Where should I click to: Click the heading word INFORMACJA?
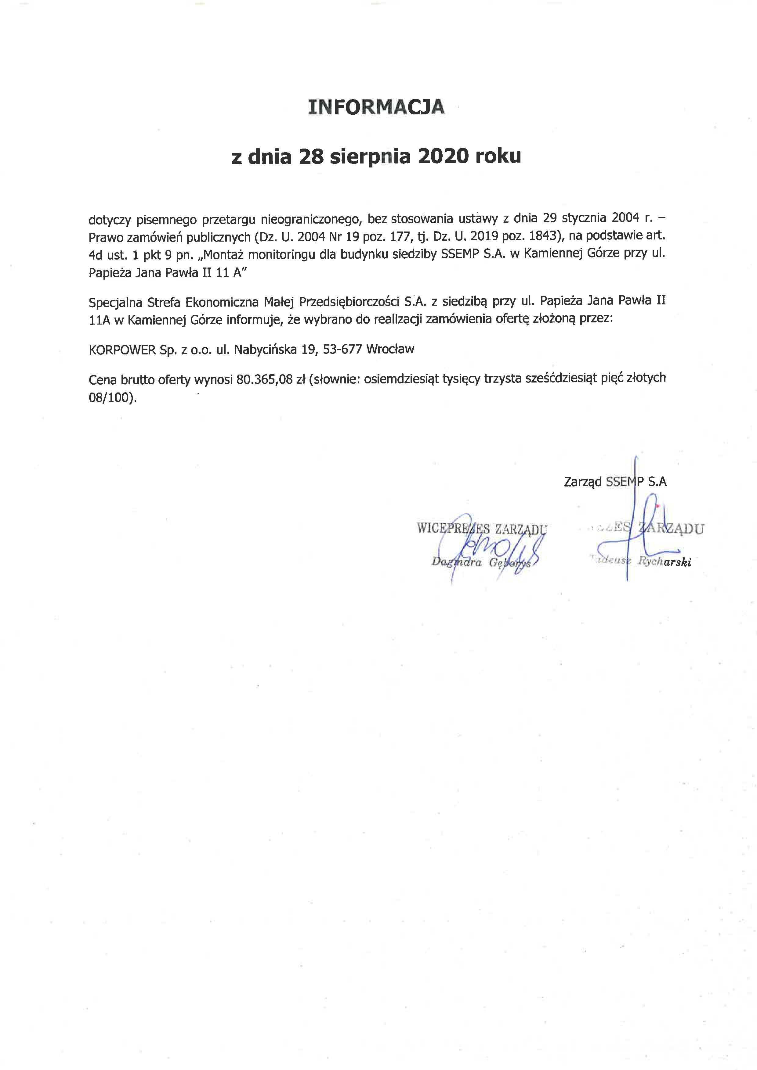click(376, 107)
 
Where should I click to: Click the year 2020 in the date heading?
click(443, 156)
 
